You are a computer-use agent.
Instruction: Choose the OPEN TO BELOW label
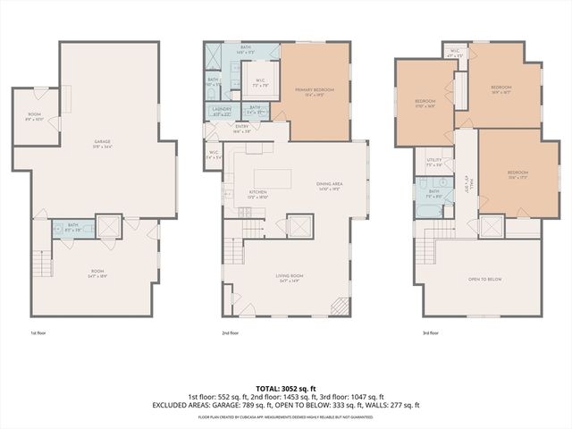484,280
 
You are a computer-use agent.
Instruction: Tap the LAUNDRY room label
222,111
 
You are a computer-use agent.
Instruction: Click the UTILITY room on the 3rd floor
434,162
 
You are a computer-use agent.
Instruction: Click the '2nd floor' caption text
230,332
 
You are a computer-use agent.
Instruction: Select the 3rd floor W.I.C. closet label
454,53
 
